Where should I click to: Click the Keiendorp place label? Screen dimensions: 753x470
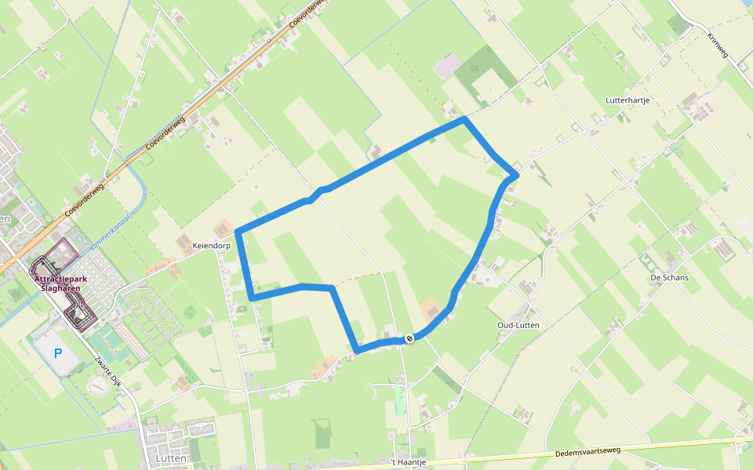[212, 245]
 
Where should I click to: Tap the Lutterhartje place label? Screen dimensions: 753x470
[627, 100]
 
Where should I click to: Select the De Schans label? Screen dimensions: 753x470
[669, 277]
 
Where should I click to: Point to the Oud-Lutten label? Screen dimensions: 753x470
[518, 324]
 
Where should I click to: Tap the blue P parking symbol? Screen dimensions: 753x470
[57, 354]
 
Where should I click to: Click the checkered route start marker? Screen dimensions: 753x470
[409, 338]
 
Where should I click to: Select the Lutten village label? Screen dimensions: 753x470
[170, 457]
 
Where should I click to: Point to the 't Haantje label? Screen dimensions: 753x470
[409, 462]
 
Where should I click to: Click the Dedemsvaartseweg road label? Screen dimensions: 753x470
[587, 451]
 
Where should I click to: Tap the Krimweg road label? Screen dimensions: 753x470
[717, 46]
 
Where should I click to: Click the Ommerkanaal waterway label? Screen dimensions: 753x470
[109, 233]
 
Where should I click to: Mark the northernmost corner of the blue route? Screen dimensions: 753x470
[465, 119]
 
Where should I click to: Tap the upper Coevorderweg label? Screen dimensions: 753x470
[307, 14]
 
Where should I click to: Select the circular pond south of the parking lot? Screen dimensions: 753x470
[98, 386]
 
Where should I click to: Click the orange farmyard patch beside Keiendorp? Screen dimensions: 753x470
[224, 226]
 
